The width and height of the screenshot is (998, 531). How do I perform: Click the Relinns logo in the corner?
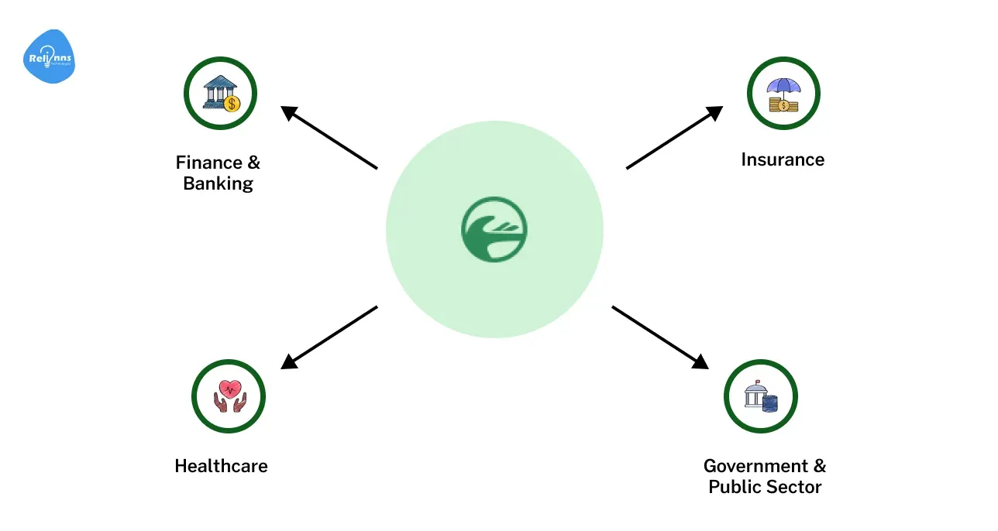pyautogui.click(x=50, y=57)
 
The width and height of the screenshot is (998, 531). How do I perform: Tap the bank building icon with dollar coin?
pyautogui.click(x=220, y=94)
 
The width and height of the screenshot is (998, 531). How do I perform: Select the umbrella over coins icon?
pyautogui.click(x=783, y=94)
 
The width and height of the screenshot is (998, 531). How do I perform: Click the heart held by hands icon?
pyautogui.click(x=229, y=396)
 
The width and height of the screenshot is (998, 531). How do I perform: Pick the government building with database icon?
pyautogui.click(x=760, y=396)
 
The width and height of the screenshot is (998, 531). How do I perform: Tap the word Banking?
pyautogui.click(x=219, y=184)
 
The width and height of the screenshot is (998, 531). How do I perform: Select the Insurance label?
pyautogui.click(x=783, y=159)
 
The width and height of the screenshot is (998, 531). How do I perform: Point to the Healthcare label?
pyautogui.click(x=221, y=466)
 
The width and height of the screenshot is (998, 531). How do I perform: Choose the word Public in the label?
pyautogui.click(x=731, y=487)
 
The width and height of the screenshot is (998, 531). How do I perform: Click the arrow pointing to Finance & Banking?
pyautogui.click(x=329, y=137)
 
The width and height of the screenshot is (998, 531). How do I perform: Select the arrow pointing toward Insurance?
pyautogui.click(x=674, y=137)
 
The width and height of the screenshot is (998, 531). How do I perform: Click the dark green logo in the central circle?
pyautogui.click(x=494, y=229)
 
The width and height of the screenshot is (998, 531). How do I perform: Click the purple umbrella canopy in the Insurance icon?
pyautogui.click(x=783, y=87)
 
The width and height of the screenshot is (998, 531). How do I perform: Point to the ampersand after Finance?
pyautogui.click(x=253, y=163)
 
